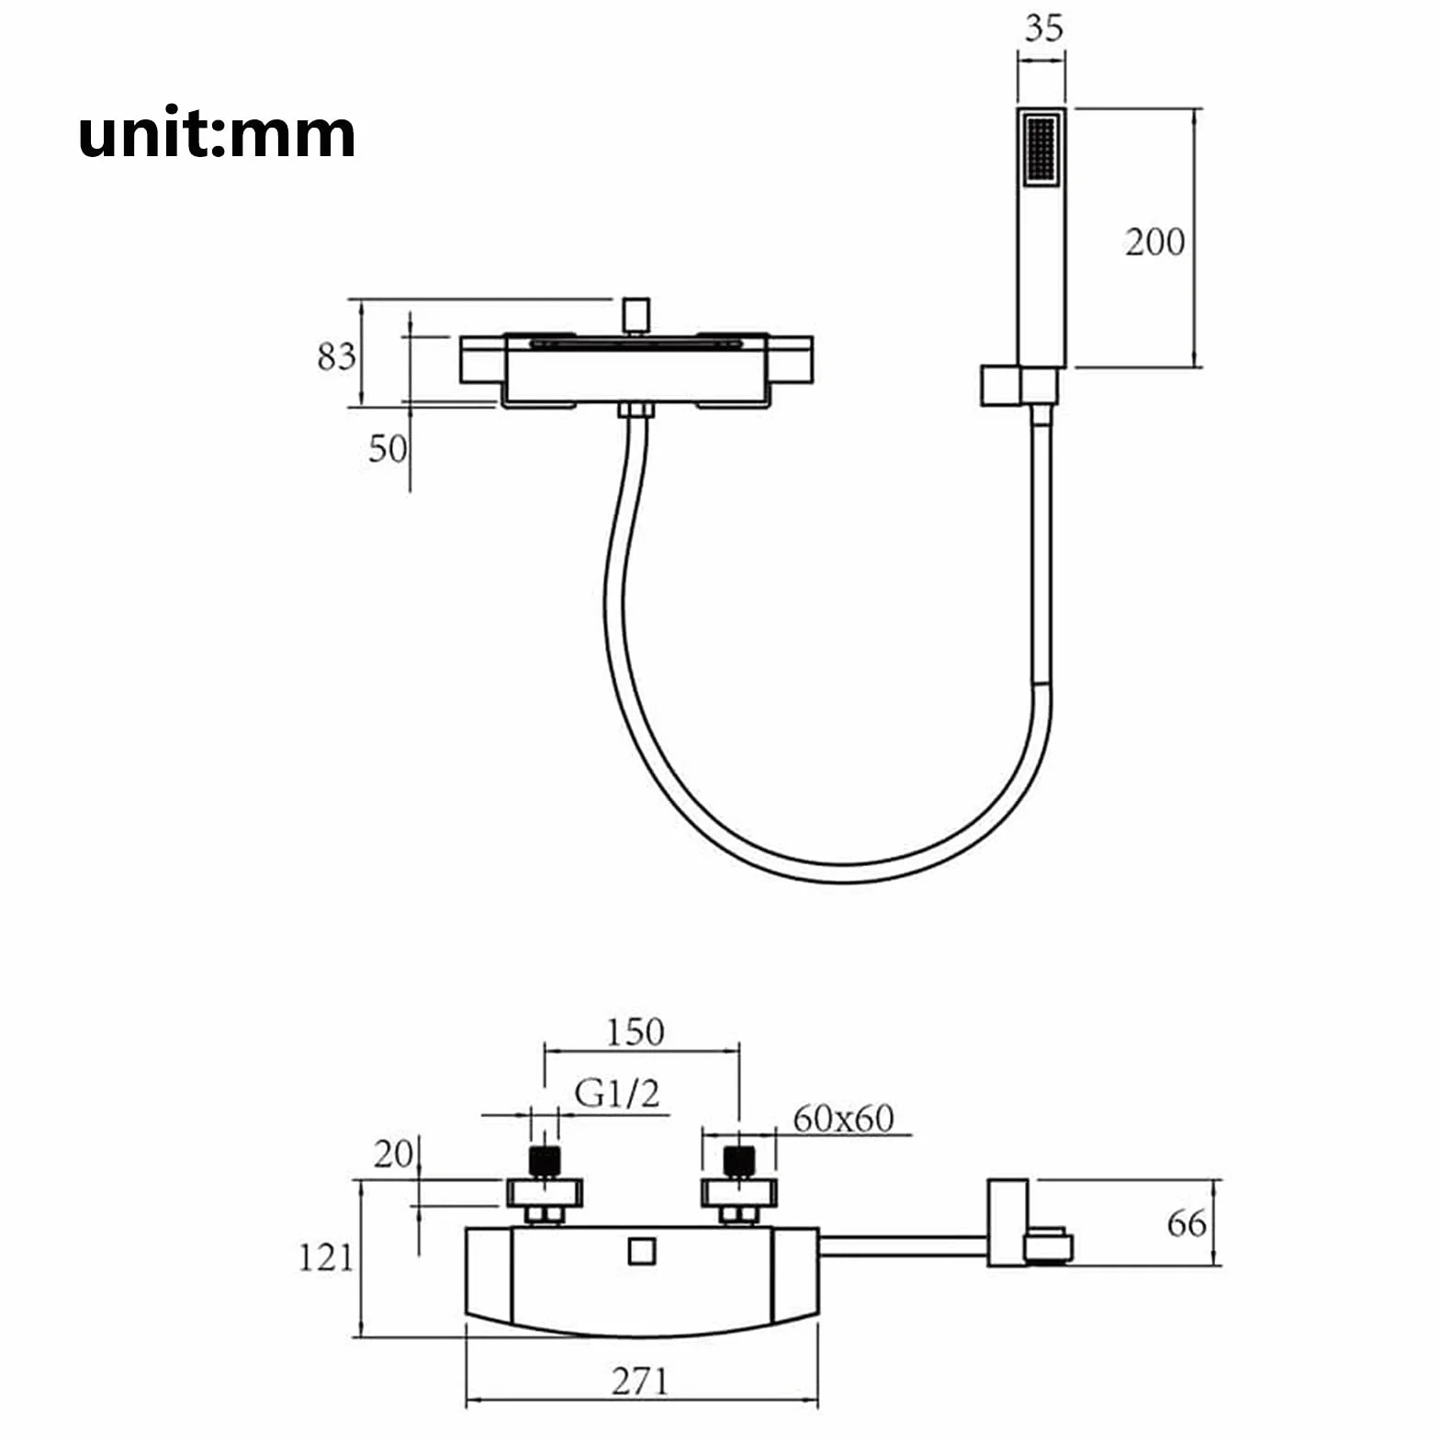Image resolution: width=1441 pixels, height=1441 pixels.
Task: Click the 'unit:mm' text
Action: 217,134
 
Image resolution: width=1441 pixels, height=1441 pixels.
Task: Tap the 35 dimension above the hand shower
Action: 1043,28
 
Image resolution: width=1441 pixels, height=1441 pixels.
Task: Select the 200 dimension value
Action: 1154,242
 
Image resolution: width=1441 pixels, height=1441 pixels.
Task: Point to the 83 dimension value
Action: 336,356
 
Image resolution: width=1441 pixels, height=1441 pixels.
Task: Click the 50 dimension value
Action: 388,449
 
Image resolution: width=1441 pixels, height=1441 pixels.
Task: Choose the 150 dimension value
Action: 634,1032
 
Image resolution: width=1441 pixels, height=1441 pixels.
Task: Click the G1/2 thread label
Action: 617,1094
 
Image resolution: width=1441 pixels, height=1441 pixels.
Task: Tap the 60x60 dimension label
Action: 843,1119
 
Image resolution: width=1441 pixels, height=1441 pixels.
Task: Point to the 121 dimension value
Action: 326,1257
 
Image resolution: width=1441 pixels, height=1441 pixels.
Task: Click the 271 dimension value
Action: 640,1381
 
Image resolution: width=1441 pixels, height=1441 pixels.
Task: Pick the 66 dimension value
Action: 1187,1223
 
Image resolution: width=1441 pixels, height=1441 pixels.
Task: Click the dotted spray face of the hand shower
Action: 1041,150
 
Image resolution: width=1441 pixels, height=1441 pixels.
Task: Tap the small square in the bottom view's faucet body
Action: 642,1252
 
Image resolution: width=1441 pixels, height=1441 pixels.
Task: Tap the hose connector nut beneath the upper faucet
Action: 636,411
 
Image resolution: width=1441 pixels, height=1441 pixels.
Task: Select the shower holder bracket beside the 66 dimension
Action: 1027,1223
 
